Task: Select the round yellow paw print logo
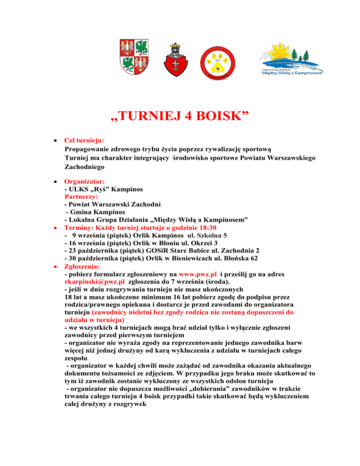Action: pyautogui.click(x=217, y=61)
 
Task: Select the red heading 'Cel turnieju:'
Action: pyautogui.click(x=84, y=140)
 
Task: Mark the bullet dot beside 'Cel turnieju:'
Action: pyautogui.click(x=55, y=140)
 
